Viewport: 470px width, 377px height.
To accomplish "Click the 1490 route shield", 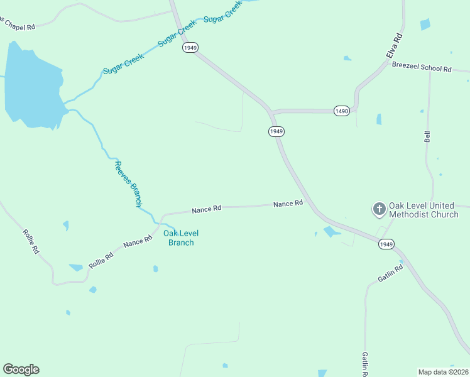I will [x=342, y=111].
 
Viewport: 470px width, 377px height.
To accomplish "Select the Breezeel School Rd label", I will [x=422, y=67].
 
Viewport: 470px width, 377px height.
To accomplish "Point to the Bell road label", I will [x=427, y=136].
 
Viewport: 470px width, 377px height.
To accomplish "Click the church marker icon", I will [x=379, y=209].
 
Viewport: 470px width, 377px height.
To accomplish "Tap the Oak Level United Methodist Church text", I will [x=424, y=210].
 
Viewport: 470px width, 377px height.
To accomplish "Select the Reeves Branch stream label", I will [x=128, y=183].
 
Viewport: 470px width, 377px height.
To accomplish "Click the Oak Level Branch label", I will [x=178, y=238].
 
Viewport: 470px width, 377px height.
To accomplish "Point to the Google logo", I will [x=21, y=369].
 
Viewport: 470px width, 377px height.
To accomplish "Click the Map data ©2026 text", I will [x=443, y=371].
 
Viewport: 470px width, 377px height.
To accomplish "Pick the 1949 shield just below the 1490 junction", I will [x=276, y=131].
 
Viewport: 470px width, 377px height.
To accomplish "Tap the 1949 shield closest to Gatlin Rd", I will [x=386, y=244].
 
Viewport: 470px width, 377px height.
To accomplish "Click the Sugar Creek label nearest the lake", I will [x=124, y=63].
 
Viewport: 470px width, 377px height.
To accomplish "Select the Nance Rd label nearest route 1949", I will [x=288, y=204].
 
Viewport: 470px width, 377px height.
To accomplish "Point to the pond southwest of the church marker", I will [x=331, y=231].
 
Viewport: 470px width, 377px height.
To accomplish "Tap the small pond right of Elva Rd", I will [x=425, y=25].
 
